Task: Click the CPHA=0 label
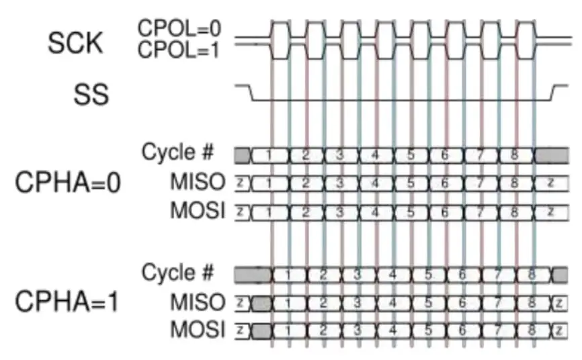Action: (67, 183)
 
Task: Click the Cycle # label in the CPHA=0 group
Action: (177, 152)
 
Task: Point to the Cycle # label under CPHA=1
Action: (177, 273)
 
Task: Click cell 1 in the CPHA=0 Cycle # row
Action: (269, 156)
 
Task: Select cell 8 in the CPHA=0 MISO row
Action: (514, 183)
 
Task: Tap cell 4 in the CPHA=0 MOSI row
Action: (374, 212)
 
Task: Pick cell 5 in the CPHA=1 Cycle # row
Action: (427, 275)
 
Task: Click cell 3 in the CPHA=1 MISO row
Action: (358, 304)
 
